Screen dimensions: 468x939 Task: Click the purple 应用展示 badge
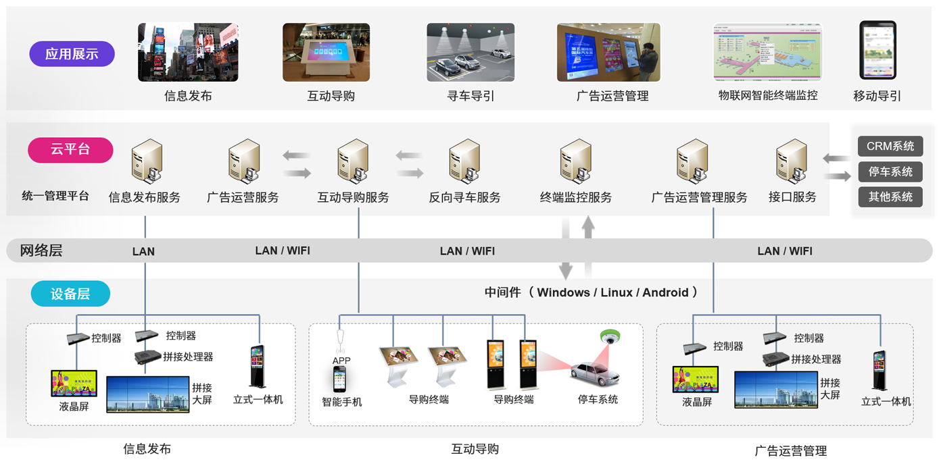[x=72, y=54]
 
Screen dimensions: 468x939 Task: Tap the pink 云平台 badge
[x=70, y=149]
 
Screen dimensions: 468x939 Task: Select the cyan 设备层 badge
[x=70, y=294]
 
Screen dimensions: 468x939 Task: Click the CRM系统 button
[x=890, y=147]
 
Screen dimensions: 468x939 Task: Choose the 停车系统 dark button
[x=890, y=172]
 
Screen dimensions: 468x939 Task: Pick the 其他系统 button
[x=890, y=197]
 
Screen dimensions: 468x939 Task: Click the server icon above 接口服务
[x=792, y=161]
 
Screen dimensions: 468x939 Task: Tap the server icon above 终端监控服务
[x=576, y=161]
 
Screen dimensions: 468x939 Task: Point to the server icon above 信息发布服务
[x=147, y=161]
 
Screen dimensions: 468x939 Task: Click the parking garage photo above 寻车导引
[x=471, y=53]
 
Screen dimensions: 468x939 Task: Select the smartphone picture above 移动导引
[x=877, y=51]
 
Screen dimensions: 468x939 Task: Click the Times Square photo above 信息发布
[x=188, y=53]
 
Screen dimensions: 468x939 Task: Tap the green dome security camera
[x=610, y=336]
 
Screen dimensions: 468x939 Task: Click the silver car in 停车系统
[x=594, y=373]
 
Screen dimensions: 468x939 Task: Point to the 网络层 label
[x=41, y=251]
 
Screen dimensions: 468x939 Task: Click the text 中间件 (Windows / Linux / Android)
[x=591, y=292]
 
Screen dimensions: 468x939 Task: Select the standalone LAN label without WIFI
[x=143, y=251]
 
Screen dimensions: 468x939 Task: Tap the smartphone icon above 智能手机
[x=340, y=380]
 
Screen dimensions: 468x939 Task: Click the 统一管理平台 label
[x=55, y=196]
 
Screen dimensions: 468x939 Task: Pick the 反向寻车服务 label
[x=464, y=197]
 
